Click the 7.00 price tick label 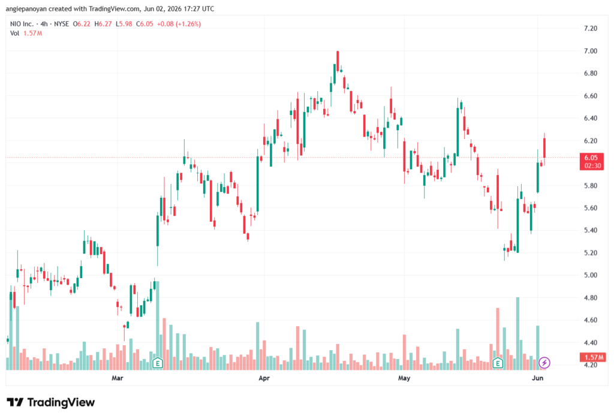click(x=590, y=51)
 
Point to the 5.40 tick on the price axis click(x=590, y=230)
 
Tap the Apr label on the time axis click(x=264, y=378)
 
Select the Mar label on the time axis click(x=117, y=378)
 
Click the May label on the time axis click(x=404, y=378)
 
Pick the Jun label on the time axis click(x=538, y=378)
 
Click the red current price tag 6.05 click(x=591, y=161)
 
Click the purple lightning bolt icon click(x=544, y=363)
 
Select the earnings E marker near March click(x=158, y=363)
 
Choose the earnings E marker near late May click(x=498, y=363)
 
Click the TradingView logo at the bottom click(x=51, y=403)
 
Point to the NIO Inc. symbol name click(x=22, y=24)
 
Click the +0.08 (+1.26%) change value click(x=179, y=24)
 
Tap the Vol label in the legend click(x=14, y=34)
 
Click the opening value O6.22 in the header click(x=82, y=24)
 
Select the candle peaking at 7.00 click(x=338, y=62)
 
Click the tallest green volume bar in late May click(x=517, y=334)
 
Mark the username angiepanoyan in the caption click(x=27, y=8)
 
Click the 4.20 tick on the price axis click(x=590, y=365)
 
